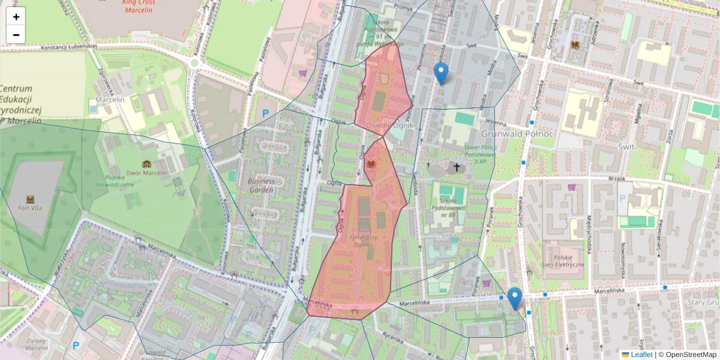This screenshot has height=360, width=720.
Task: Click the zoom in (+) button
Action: click(16, 17)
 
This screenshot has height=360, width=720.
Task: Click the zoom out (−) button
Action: click(16, 35)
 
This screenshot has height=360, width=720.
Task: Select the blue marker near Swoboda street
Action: click(441, 73)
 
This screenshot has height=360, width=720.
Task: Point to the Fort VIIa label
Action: click(30, 208)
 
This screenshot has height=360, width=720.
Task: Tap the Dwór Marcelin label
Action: click(146, 173)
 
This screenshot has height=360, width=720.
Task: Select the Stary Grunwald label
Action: click(703, 303)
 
